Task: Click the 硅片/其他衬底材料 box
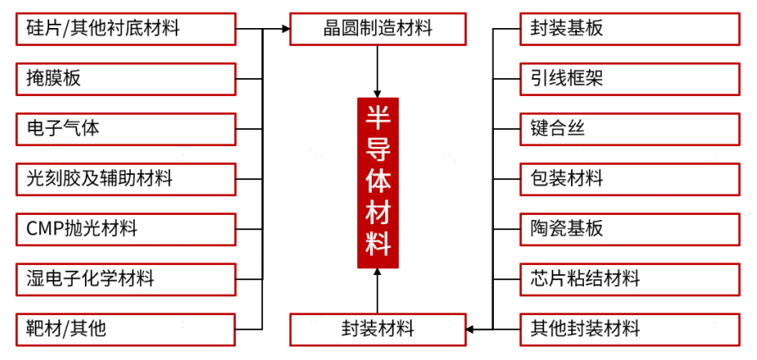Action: (x=126, y=29)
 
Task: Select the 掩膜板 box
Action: (x=126, y=79)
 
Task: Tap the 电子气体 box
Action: (x=126, y=129)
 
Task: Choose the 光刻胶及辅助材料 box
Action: (x=126, y=179)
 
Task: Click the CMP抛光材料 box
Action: (x=126, y=229)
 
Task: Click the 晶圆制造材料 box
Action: (x=378, y=29)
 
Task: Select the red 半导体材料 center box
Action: (x=378, y=183)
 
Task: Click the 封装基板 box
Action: (x=629, y=29)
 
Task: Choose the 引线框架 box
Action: (x=629, y=79)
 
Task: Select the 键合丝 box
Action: (x=629, y=129)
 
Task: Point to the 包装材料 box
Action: (x=629, y=179)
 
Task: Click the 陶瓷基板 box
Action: (x=629, y=229)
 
